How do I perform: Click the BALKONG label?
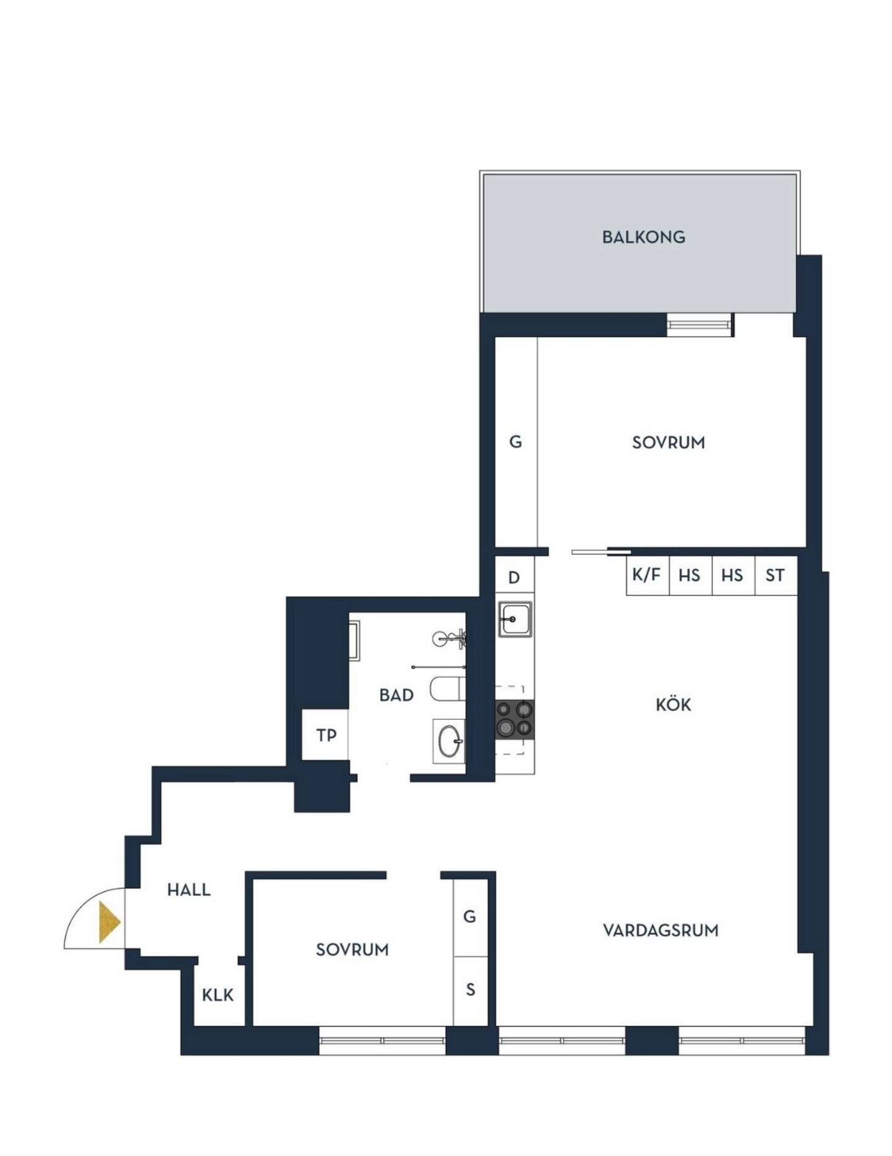[644, 237]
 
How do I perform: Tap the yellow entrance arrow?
[109, 922]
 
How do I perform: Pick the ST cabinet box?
[776, 575]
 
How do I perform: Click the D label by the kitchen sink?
[514, 578]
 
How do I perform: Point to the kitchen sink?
[515, 619]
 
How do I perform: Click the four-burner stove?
[514, 719]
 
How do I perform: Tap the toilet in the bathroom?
[448, 689]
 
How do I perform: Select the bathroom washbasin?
[448, 741]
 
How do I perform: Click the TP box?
[325, 735]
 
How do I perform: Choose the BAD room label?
[396, 695]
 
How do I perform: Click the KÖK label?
[673, 704]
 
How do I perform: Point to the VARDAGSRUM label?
[661, 930]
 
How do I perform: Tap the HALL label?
[189, 890]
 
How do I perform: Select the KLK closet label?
[218, 995]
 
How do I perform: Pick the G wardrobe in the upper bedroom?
[516, 442]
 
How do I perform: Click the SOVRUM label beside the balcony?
[668, 443]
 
